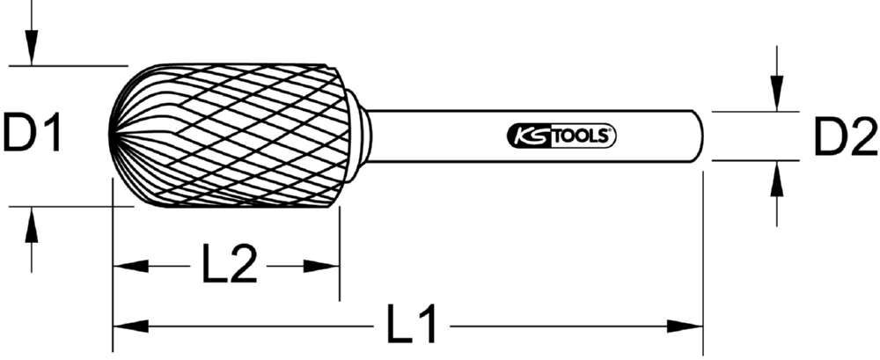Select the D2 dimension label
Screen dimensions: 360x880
click(x=844, y=138)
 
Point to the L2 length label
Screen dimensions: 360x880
click(x=229, y=266)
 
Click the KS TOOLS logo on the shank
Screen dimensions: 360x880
click(x=561, y=136)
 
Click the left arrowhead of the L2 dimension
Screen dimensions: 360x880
click(x=125, y=266)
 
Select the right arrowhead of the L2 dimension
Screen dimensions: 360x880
click(x=326, y=266)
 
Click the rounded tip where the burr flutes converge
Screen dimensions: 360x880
click(x=114, y=136)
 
